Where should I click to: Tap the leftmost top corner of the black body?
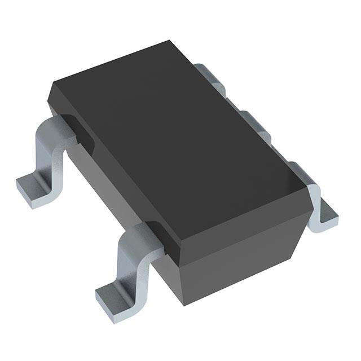click(x=52, y=86)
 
